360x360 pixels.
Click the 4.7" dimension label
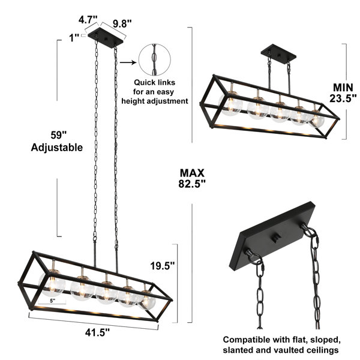(88, 20)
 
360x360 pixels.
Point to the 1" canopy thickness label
(74, 38)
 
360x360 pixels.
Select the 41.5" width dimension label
(97, 332)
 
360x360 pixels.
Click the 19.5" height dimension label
(163, 266)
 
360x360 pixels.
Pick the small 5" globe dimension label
(53, 301)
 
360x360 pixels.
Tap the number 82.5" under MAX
(192, 184)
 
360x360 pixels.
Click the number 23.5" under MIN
(343, 98)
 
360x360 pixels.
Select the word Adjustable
(57, 148)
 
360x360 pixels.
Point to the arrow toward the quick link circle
(128, 62)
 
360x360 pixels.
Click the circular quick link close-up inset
(155, 59)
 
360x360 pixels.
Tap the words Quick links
(155, 82)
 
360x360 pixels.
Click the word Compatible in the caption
(247, 340)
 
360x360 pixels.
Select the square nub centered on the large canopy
(277, 238)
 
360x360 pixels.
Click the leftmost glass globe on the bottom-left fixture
(52, 284)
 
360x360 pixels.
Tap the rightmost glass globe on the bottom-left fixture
(146, 301)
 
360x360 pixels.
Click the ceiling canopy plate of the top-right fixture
(278, 54)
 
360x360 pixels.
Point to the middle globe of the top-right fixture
(280, 112)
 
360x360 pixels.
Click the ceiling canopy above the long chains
(106, 38)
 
